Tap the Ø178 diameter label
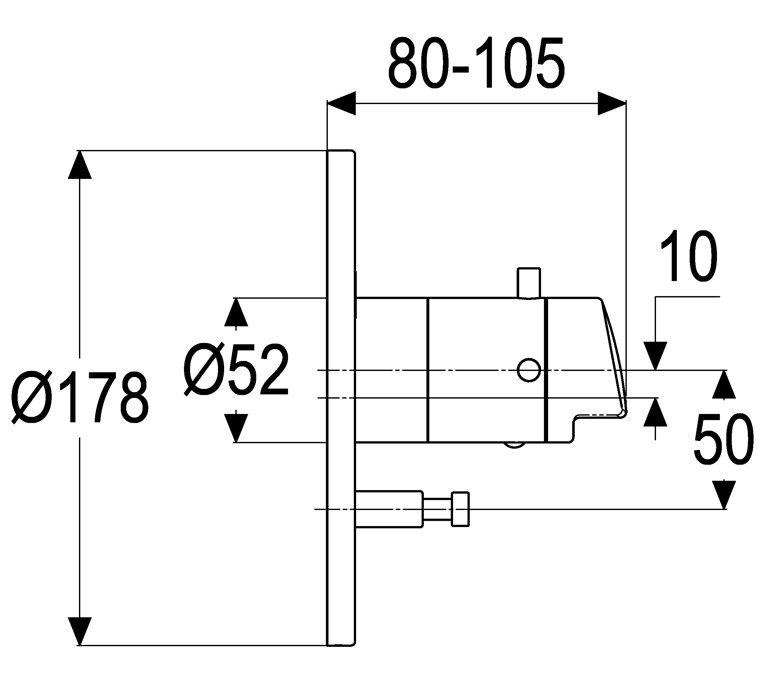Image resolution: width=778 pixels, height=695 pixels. point(80,397)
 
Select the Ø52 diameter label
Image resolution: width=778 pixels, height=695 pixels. point(236,369)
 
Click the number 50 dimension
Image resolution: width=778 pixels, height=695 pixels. point(723,439)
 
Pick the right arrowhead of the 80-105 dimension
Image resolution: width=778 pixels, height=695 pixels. point(612,103)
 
